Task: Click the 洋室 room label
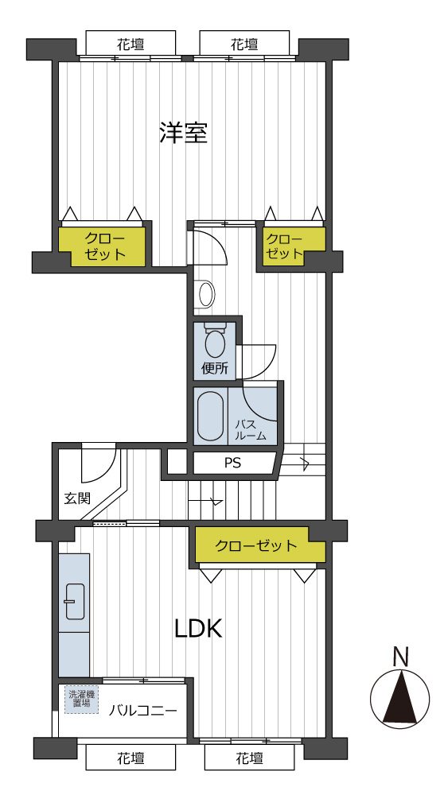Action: point(183,133)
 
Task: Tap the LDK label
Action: point(198,629)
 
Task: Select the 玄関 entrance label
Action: point(78,498)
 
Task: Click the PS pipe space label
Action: point(233,463)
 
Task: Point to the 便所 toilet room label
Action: point(215,368)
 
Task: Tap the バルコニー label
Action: point(143,710)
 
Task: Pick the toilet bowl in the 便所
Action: point(215,343)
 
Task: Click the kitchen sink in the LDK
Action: point(75,601)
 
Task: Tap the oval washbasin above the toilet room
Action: point(207,294)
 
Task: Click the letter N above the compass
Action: point(401,657)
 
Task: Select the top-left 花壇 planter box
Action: point(131,44)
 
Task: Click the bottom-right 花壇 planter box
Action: point(250,758)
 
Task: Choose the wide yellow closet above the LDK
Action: point(260,545)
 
